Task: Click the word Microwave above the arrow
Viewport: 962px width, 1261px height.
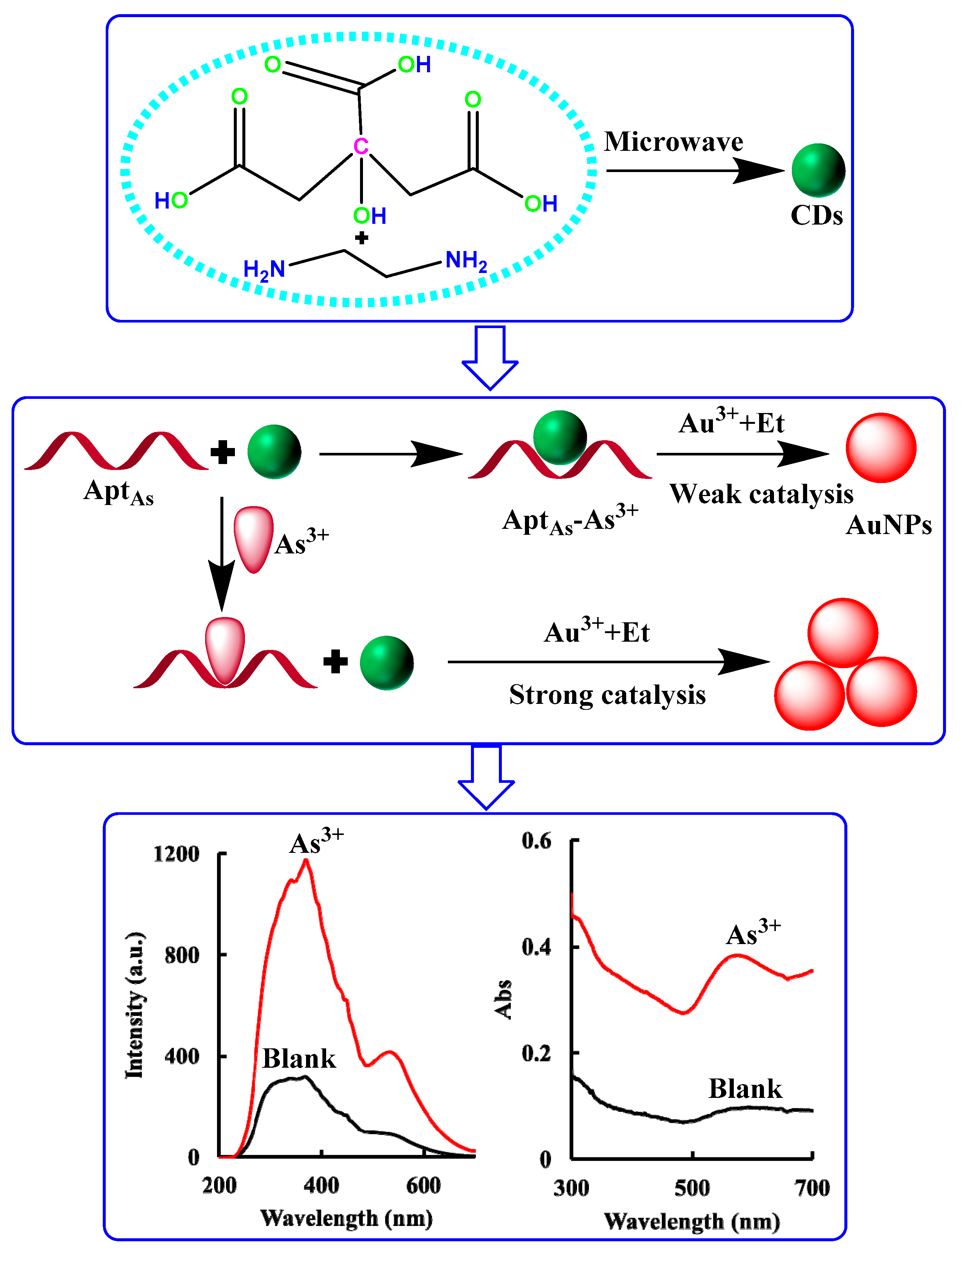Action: [673, 142]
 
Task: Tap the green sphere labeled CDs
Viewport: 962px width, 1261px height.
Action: [818, 170]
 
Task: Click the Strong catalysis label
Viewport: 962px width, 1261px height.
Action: [607, 695]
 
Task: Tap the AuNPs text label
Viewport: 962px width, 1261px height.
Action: [888, 525]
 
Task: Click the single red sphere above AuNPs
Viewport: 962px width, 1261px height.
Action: [881, 448]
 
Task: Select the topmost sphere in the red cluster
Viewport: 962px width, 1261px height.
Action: [842, 633]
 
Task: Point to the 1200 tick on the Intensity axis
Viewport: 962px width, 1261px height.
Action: [176, 854]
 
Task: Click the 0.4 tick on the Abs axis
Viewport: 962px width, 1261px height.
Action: [536, 947]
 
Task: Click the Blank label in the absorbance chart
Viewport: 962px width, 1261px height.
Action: [745, 1089]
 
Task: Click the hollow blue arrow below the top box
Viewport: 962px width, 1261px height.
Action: [490, 358]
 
